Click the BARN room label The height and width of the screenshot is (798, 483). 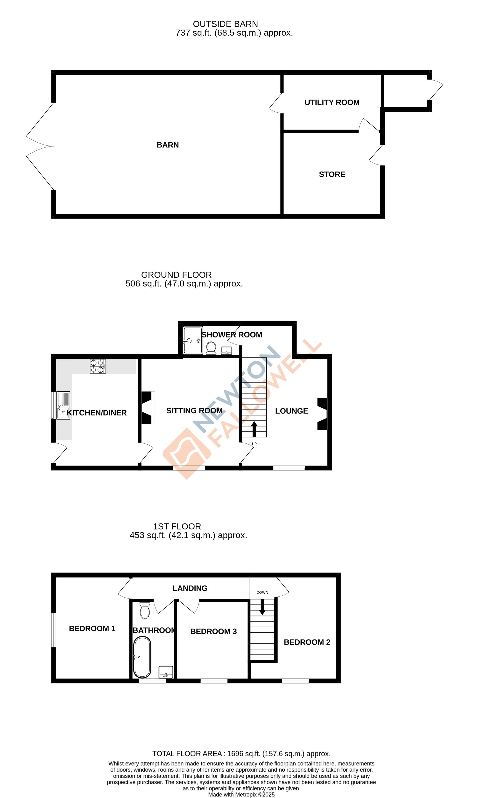tap(168, 145)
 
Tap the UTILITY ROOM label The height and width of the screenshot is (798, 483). tap(332, 102)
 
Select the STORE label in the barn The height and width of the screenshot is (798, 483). tap(332, 174)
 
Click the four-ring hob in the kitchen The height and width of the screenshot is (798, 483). tap(98, 366)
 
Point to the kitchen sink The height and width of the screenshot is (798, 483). tap(63, 405)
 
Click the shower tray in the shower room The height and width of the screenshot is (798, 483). tap(192, 340)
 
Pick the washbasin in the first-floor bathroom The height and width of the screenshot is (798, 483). tap(166, 672)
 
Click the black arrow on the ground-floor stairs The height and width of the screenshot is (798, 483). tap(254, 429)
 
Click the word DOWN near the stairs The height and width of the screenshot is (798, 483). tap(262, 592)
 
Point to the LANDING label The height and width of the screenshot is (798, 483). tap(190, 588)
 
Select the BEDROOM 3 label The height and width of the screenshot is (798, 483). tap(213, 631)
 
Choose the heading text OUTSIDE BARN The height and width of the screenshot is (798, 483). tap(225, 24)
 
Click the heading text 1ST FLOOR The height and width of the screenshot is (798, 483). tap(177, 526)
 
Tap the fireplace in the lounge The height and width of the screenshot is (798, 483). tap(321, 414)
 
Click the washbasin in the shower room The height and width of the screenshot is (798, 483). tap(226, 351)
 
